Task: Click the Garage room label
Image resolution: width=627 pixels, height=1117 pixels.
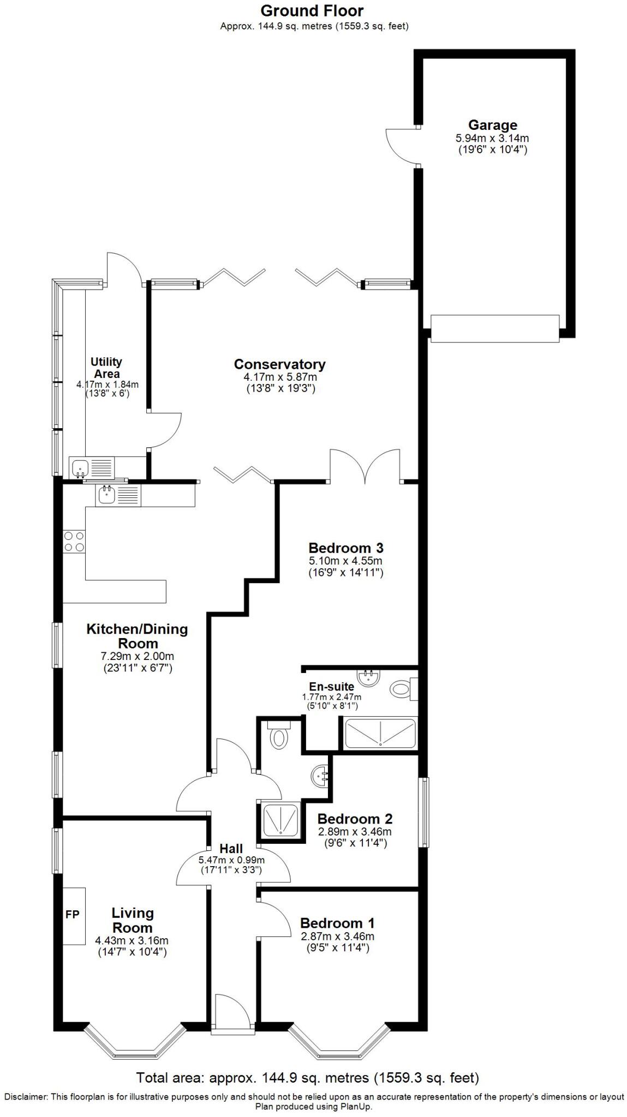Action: (x=492, y=125)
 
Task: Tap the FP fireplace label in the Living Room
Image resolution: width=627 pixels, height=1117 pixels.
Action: (x=72, y=915)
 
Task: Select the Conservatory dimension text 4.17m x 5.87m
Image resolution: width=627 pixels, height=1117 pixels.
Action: (x=280, y=377)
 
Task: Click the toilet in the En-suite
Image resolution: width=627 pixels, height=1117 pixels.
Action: (x=401, y=689)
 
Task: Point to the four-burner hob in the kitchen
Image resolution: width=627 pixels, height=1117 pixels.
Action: (x=74, y=541)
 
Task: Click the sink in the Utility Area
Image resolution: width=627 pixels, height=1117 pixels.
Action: (x=81, y=467)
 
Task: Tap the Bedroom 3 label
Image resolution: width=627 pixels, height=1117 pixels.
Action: (x=346, y=548)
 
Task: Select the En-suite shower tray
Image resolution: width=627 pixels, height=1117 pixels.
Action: (x=380, y=733)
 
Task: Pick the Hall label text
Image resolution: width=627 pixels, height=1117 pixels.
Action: (x=231, y=848)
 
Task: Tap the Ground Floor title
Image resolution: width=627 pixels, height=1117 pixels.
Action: (x=312, y=10)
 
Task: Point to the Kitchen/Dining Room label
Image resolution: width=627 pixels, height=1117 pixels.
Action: (x=137, y=636)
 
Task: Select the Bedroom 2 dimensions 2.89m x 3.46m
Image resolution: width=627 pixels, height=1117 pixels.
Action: (x=355, y=832)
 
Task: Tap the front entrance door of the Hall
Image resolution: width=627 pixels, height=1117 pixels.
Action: (x=232, y=1016)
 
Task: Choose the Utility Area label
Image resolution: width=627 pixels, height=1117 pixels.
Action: (x=106, y=368)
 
